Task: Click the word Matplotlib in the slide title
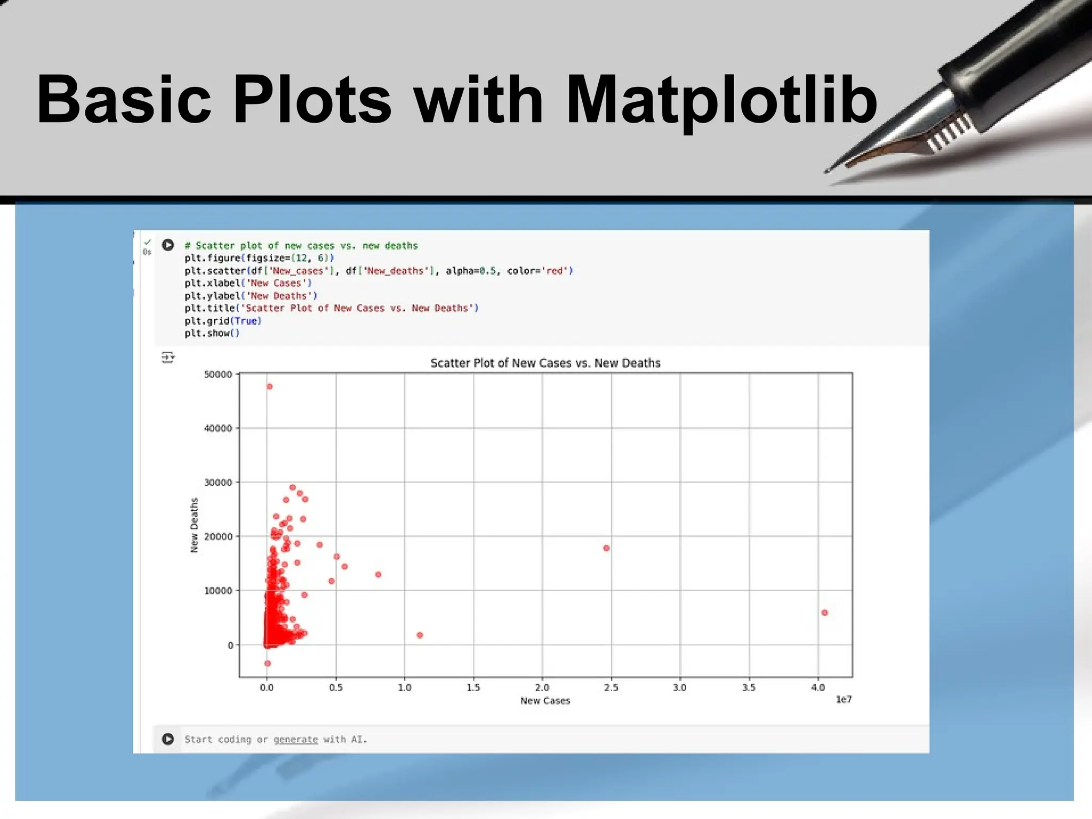click(721, 100)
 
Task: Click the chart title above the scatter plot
click(545, 363)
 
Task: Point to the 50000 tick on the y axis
click(218, 374)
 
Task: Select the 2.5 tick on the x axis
click(611, 688)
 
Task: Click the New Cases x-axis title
click(545, 701)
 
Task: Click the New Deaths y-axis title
click(194, 525)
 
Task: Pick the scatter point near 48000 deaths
click(269, 387)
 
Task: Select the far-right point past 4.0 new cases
click(824, 613)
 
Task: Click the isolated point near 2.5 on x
click(606, 548)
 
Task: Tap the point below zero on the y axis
click(267, 663)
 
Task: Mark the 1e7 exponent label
click(844, 700)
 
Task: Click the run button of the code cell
click(168, 245)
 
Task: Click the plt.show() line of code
click(212, 333)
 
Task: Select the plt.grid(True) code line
click(223, 321)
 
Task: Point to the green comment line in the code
click(301, 246)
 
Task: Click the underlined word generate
click(295, 740)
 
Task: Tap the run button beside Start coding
click(168, 739)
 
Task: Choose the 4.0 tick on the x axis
click(818, 688)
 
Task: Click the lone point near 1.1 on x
click(420, 635)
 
